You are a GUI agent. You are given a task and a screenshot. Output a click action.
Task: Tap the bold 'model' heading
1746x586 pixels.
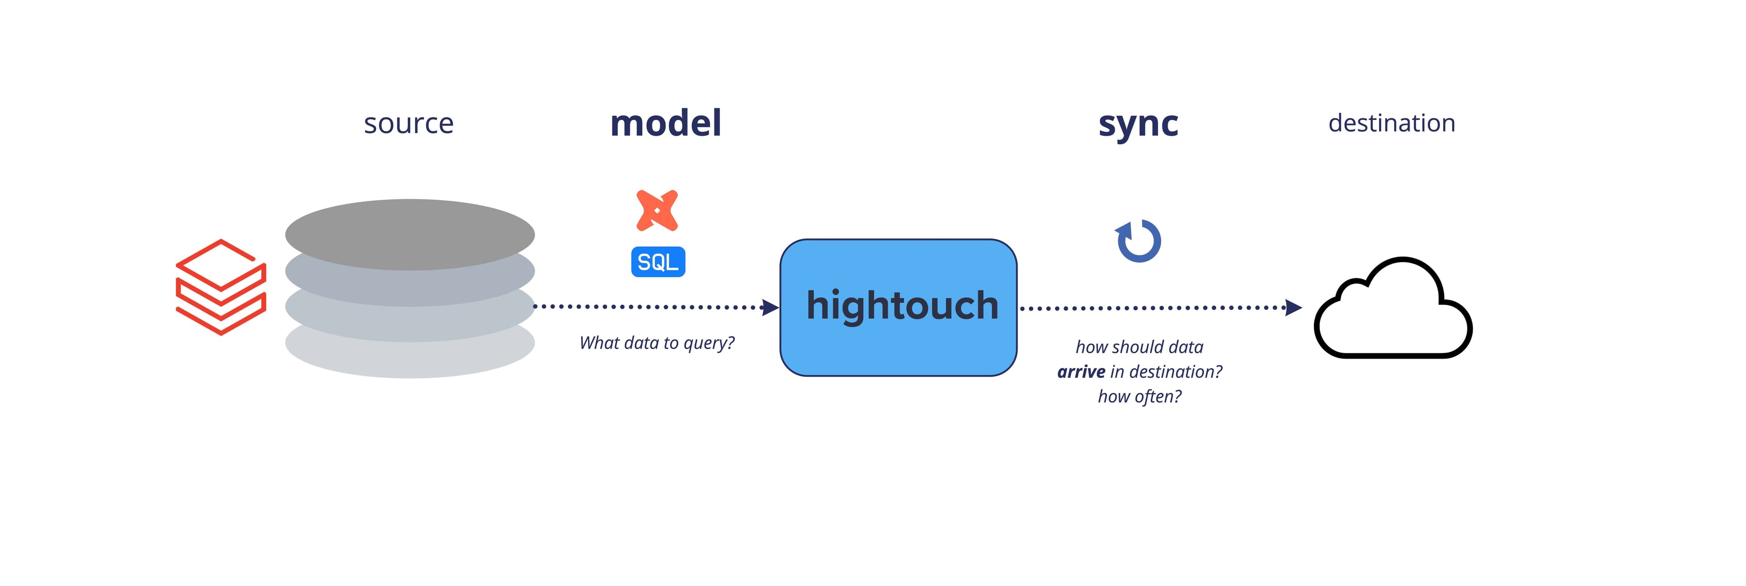(666, 123)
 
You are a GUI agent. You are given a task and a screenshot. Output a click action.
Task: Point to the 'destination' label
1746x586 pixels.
(1391, 123)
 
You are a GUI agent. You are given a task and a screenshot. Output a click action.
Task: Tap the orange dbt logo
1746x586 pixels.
(657, 210)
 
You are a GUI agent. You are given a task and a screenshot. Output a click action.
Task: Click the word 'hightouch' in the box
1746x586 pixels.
(902, 306)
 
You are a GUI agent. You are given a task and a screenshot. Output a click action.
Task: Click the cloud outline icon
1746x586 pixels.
(1393, 308)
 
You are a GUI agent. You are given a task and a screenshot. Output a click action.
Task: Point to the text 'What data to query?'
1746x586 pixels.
(656, 343)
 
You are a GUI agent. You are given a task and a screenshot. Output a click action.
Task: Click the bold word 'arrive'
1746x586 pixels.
(1081, 372)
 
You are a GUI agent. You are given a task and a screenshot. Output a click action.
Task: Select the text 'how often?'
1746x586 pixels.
(1139, 396)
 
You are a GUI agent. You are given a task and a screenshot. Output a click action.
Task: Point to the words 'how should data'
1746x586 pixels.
(1139, 347)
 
